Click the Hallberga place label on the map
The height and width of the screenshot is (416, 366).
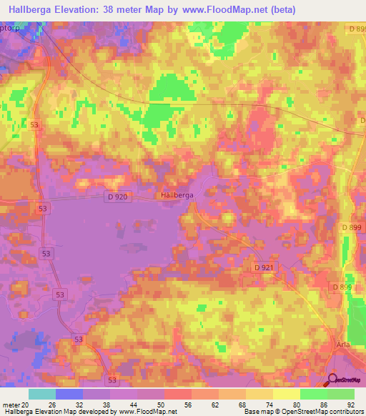[x=176, y=194]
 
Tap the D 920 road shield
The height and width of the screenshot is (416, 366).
[x=119, y=196]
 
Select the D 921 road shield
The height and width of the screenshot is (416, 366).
[x=264, y=267]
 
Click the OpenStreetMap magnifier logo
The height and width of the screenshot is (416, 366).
[x=333, y=380]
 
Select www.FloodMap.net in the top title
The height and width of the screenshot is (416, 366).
[x=224, y=10]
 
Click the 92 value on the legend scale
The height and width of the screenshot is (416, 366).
[x=350, y=404]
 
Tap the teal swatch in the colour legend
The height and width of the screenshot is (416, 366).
[x=42, y=394]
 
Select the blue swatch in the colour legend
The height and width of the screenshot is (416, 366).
[x=69, y=394]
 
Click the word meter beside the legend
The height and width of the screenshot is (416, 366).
[x=11, y=404]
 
